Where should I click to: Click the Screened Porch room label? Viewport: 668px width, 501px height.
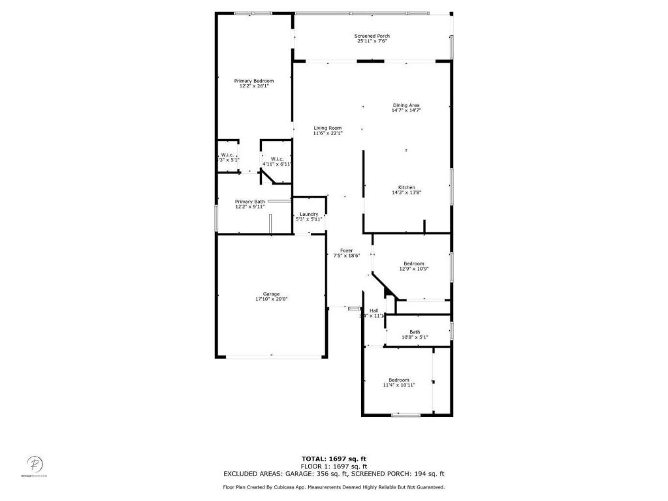(x=372, y=36)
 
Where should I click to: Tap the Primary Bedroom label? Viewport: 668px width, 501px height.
(x=254, y=81)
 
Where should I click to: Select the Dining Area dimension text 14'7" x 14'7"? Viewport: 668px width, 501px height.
(x=406, y=111)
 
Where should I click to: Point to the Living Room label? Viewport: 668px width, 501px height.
(x=327, y=128)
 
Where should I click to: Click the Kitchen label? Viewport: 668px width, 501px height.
(x=407, y=187)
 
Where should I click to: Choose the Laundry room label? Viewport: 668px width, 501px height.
(x=309, y=214)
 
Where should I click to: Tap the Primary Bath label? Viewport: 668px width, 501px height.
(x=250, y=202)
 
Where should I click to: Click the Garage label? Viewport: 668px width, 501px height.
(x=271, y=294)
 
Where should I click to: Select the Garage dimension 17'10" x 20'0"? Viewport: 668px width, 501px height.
(x=271, y=299)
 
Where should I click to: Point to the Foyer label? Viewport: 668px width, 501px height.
(x=346, y=250)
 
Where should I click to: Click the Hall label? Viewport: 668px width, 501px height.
(x=374, y=311)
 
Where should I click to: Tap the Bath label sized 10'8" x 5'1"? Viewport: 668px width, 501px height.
(x=415, y=331)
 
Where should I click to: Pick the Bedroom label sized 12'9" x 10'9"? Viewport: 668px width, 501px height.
(x=413, y=264)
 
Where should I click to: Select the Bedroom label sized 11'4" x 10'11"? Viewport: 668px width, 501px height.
(x=398, y=380)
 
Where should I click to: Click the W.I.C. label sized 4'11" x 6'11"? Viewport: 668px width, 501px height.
(x=277, y=159)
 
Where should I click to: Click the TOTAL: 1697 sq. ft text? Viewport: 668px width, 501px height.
(x=334, y=459)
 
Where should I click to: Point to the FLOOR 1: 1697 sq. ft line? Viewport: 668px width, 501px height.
(x=334, y=466)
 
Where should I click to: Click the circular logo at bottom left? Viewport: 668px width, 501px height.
(x=35, y=464)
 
